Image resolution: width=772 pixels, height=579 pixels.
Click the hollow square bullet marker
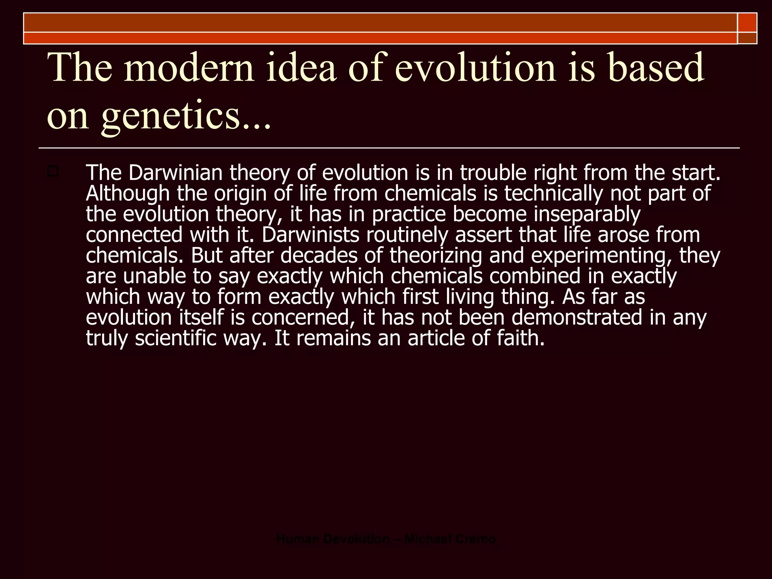[53, 172]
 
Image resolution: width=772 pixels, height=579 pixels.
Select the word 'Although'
[128, 193]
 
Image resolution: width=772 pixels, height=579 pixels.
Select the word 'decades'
[319, 256]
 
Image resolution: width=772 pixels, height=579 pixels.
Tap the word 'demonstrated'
[577, 317]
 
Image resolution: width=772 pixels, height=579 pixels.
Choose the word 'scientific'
[176, 338]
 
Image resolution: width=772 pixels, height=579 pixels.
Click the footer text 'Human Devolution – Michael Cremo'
[386, 539]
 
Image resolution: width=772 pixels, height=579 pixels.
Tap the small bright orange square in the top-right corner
[747, 22]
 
